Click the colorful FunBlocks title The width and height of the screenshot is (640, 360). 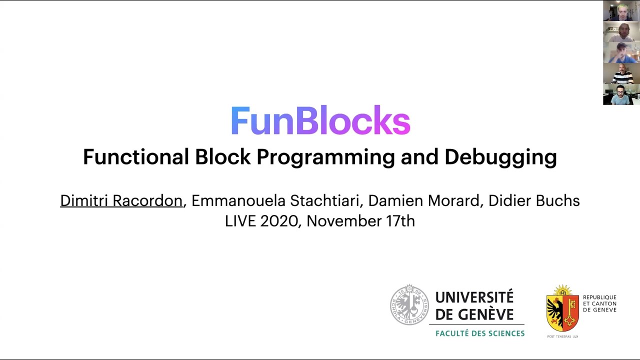click(320, 120)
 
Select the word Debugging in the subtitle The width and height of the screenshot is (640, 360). click(500, 157)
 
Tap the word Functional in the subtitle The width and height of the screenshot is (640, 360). click(136, 157)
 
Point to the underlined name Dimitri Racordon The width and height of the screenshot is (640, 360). click(121, 200)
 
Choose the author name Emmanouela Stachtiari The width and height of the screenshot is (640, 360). click(277, 200)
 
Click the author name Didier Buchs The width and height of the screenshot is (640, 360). click(534, 200)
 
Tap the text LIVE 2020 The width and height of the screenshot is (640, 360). click(261, 221)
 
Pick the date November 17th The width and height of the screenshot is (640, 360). click(360, 221)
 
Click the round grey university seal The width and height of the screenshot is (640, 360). click(409, 305)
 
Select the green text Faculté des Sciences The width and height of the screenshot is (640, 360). click(480, 333)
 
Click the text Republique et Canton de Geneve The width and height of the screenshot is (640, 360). click(599, 303)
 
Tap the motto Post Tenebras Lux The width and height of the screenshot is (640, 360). click(562, 336)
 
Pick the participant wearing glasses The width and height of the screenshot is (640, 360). click(621, 94)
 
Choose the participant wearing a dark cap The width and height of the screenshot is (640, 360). click(621, 52)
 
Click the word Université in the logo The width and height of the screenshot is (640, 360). click(474, 297)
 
